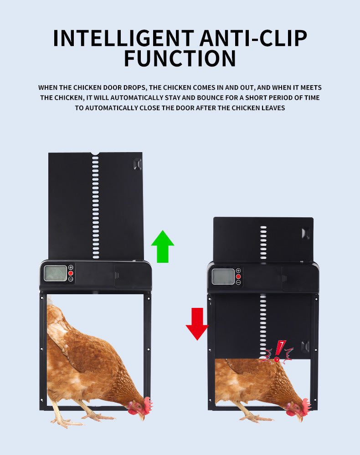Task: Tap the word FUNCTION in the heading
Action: point(180,59)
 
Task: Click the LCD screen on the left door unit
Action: point(55,273)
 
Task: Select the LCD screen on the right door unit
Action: point(223,276)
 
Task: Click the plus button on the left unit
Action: point(71,267)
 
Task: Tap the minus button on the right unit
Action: point(238,282)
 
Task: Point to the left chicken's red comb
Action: point(147,403)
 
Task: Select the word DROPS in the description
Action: point(134,87)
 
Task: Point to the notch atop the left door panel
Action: point(95,154)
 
